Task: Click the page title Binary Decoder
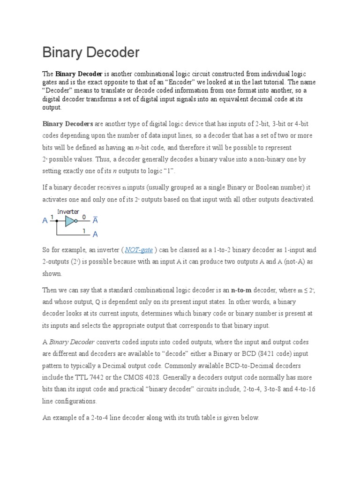pyautogui.click(x=91, y=52)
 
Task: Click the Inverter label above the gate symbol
pyautogui.click(x=68, y=212)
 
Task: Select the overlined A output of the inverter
pyautogui.click(x=95, y=220)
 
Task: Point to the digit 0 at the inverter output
pyautogui.click(x=84, y=217)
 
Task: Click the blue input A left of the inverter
pyautogui.click(x=45, y=221)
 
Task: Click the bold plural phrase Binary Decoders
pyautogui.click(x=67, y=124)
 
